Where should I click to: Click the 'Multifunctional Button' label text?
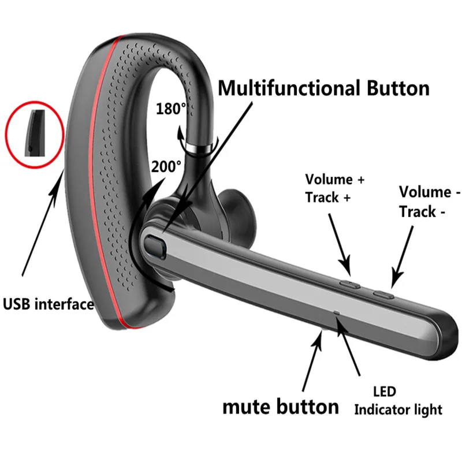(324, 88)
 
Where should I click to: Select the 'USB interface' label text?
(49, 303)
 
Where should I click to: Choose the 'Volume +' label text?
(335, 180)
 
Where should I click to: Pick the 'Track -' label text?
(422, 212)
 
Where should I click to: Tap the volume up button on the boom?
(349, 284)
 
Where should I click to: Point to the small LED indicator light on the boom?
(337, 314)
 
